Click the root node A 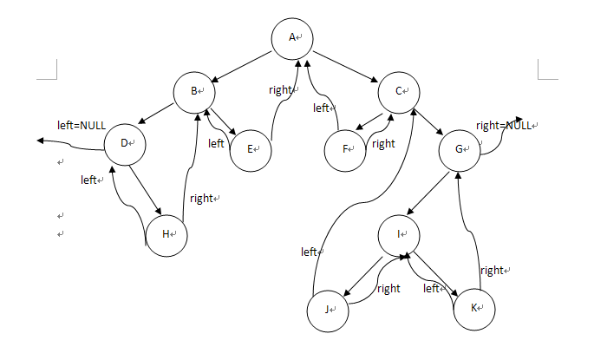coord(292,38)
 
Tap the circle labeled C coord(399,91)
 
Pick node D coord(125,143)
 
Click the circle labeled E coord(251,148)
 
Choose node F coord(345,149)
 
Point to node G coord(460,148)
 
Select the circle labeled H coord(166,233)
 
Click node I coord(399,235)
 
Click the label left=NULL coord(82,126)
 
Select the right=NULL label coord(504,126)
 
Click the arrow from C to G coord(428,119)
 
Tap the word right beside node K coord(492,271)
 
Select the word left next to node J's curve coord(309,252)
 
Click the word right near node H coord(201,199)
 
